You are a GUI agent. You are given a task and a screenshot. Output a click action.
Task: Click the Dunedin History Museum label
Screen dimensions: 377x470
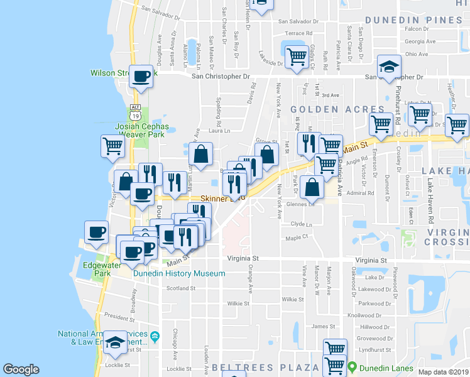pos(178,273)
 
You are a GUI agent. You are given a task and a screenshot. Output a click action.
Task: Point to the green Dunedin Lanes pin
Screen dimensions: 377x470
pos(353,367)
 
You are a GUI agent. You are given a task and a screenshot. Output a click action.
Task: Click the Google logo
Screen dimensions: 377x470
pos(21,369)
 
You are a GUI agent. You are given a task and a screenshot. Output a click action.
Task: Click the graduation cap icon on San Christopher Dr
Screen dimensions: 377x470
pos(389,67)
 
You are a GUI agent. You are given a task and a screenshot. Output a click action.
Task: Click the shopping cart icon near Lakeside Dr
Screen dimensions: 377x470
pos(296,56)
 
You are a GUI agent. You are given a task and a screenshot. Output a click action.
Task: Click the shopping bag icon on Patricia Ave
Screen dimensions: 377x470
pos(312,186)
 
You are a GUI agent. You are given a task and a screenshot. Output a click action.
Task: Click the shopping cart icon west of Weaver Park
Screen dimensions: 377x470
pos(112,146)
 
